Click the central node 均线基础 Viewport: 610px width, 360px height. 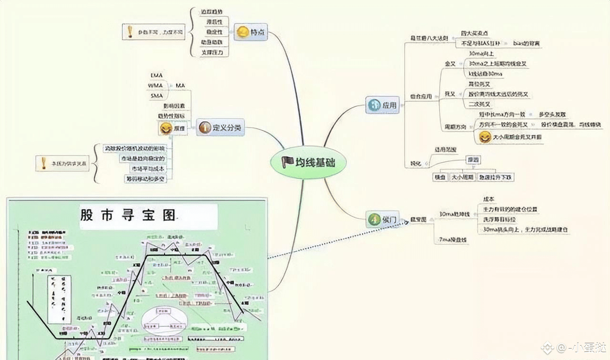[308, 163]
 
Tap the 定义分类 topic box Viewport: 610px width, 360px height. [220, 127]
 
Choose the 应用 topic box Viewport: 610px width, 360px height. [382, 105]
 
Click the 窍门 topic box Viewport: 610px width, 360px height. [383, 219]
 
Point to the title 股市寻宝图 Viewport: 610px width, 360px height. [128, 216]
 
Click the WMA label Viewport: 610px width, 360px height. [156, 85]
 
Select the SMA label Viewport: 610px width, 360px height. [156, 96]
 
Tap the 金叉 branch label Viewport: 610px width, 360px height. [450, 63]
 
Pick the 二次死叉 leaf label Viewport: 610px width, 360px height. [479, 104]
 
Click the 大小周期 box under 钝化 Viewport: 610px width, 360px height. [462, 177]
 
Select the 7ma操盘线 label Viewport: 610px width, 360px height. [453, 240]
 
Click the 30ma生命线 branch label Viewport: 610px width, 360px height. [454, 214]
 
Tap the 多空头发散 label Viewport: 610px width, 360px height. [552, 114]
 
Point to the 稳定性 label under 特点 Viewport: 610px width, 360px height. [213, 32]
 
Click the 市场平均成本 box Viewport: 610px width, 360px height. [148, 168]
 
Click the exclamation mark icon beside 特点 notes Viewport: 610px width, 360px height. [130, 32]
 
